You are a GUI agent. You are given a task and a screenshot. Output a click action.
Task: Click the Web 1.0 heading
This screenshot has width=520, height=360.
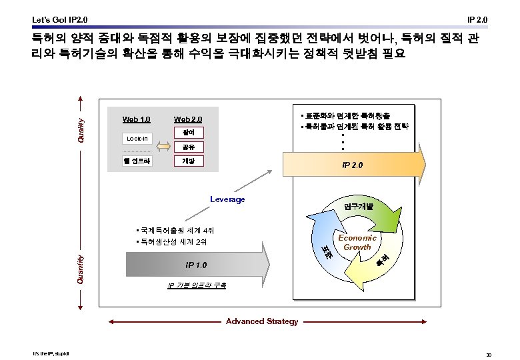pos(136,120)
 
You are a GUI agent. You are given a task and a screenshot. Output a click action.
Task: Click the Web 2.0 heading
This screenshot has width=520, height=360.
pos(187,120)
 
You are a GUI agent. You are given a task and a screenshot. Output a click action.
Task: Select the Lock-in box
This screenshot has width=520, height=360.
pos(137,139)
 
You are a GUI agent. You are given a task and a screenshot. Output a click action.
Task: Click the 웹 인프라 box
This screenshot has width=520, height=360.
pos(137,161)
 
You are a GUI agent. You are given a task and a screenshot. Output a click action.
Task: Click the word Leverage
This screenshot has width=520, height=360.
pos(227,199)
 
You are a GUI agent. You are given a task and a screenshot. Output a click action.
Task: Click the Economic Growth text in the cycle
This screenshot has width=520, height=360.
pos(357,243)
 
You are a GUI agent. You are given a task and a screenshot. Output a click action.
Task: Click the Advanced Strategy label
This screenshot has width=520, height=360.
pos(262,321)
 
